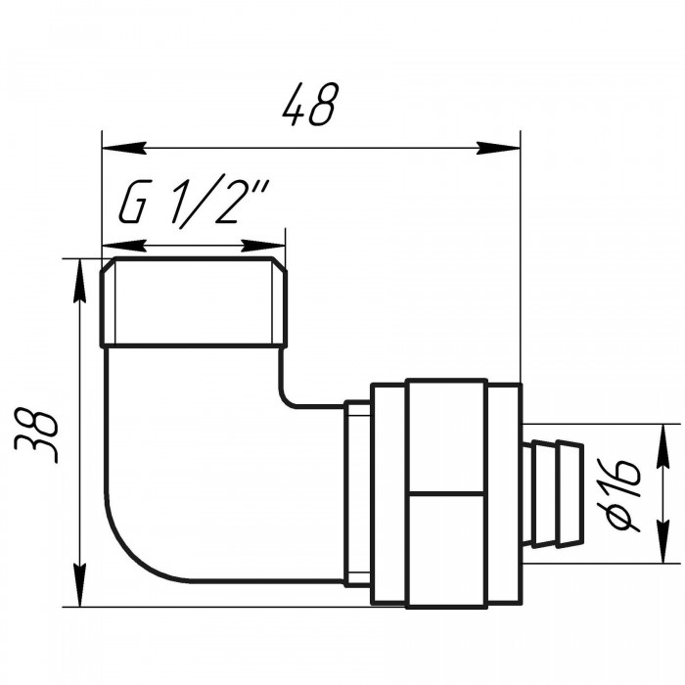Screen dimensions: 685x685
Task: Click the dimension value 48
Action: [310, 104]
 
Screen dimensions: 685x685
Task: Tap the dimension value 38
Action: [36, 435]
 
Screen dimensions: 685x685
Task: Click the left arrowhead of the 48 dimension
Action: [123, 149]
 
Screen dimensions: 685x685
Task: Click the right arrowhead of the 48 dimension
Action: [498, 149]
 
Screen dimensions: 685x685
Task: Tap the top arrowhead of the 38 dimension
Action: [79, 281]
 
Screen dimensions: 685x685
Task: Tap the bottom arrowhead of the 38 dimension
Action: [79, 585]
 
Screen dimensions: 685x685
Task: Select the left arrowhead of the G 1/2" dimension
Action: [123, 246]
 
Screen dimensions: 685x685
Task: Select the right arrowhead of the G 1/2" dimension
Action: [263, 246]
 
